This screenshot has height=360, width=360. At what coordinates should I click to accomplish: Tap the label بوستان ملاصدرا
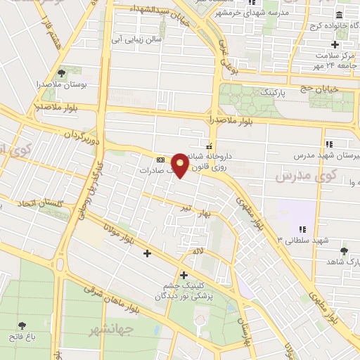point(61,84)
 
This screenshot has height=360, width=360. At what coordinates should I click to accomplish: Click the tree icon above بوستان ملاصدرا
point(61,72)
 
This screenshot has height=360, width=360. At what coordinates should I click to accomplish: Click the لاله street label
point(199,250)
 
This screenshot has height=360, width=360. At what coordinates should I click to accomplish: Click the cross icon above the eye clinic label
point(184,274)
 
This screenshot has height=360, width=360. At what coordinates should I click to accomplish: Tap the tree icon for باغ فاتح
point(24,325)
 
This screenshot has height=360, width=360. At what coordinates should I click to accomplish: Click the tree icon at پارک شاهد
point(343,251)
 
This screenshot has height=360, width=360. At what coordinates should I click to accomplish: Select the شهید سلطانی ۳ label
point(303,240)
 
